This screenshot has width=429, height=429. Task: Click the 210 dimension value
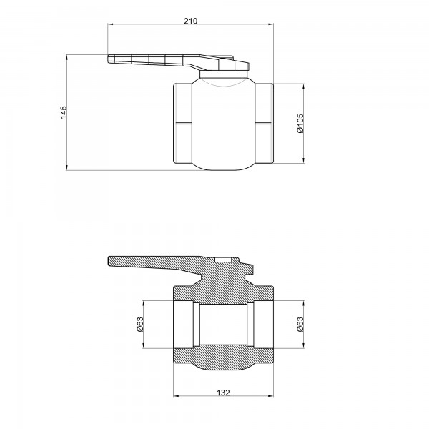click(x=190, y=21)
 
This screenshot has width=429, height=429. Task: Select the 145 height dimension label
click(x=63, y=112)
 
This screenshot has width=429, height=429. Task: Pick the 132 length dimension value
click(x=223, y=392)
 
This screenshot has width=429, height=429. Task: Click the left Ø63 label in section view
click(x=141, y=323)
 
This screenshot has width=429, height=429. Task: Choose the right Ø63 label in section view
click(x=300, y=323)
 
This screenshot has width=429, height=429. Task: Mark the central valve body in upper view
click(x=223, y=125)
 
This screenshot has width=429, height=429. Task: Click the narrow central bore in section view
click(x=223, y=323)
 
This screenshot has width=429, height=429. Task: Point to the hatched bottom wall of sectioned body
click(x=223, y=357)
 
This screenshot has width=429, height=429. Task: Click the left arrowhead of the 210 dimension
click(x=110, y=26)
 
